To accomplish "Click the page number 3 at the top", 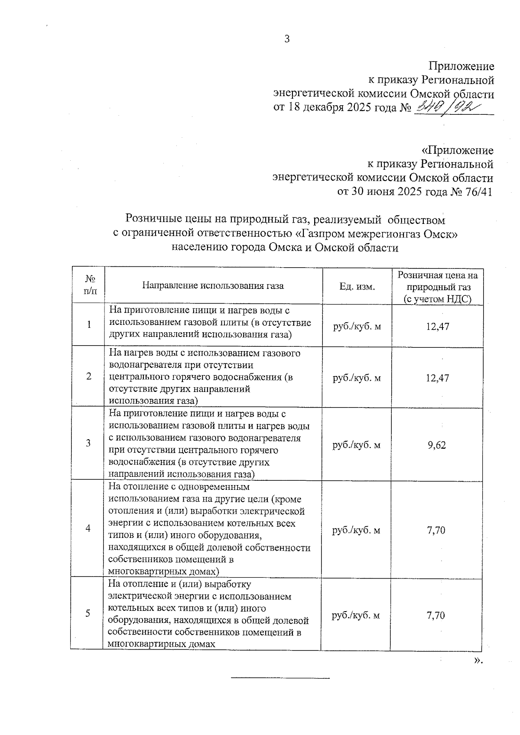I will click(x=287, y=39).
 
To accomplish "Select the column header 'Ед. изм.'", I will click(x=357, y=286).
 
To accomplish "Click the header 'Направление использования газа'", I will click(x=213, y=286).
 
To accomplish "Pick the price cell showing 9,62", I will click(x=436, y=445).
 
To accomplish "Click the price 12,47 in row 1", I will click(x=437, y=327).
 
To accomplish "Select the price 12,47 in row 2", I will click(x=437, y=378).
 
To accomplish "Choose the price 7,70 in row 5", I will click(x=435, y=615).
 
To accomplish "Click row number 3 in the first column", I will click(x=88, y=443).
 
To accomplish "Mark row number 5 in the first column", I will click(x=88, y=613).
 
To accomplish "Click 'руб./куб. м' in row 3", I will click(x=356, y=445).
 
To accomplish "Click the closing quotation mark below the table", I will click(x=478, y=661).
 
